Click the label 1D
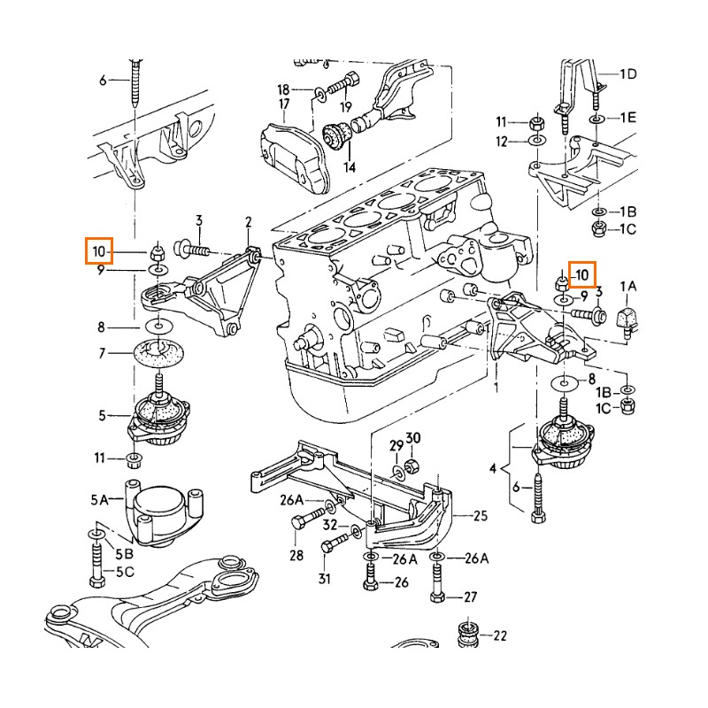(x=627, y=74)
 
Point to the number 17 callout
(x=284, y=104)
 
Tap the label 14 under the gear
(x=349, y=166)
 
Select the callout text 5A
(x=100, y=500)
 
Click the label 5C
(x=124, y=572)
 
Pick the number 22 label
(x=500, y=635)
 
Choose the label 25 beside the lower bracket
(x=481, y=515)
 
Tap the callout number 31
(x=325, y=580)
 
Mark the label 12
(x=501, y=142)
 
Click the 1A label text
(x=627, y=285)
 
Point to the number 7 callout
(x=102, y=353)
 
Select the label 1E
(x=627, y=117)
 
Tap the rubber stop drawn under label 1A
(x=628, y=314)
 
